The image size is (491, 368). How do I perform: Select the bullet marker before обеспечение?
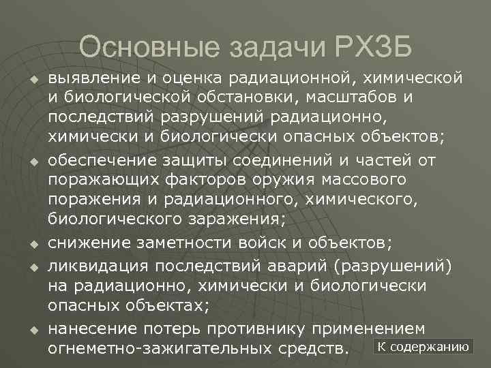click(31, 162)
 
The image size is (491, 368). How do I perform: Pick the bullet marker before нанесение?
click(31, 330)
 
